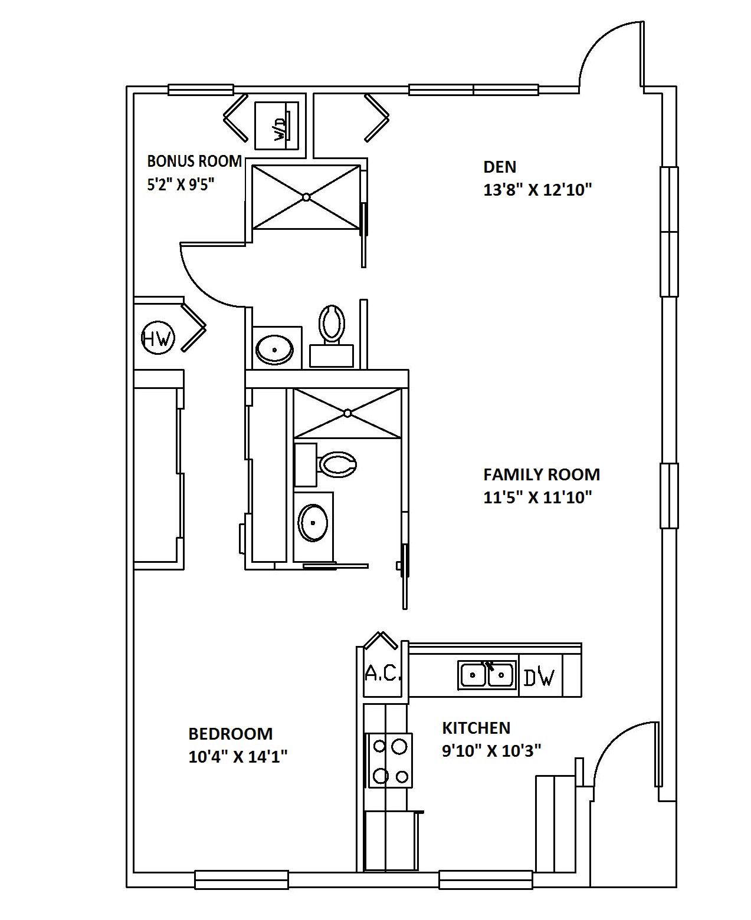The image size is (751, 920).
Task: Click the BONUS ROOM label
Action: (x=194, y=161)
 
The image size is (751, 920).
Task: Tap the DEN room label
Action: (x=500, y=167)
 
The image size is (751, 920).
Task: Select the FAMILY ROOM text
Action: (x=542, y=474)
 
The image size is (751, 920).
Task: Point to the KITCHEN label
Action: (x=476, y=728)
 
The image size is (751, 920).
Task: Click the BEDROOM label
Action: (x=231, y=734)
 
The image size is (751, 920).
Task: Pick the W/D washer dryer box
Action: (x=277, y=126)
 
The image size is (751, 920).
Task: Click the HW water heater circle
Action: (x=158, y=338)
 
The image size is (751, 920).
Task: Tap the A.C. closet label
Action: (x=382, y=674)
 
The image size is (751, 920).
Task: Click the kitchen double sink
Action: (x=487, y=675)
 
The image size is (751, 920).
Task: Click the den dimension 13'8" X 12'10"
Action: (x=537, y=190)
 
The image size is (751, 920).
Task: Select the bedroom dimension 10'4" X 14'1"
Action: (x=238, y=757)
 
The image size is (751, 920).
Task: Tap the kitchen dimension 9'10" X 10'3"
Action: (x=491, y=751)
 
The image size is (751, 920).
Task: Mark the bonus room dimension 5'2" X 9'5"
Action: (x=181, y=184)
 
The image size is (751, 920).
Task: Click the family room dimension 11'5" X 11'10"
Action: (x=537, y=497)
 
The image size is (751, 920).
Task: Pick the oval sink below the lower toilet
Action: (x=313, y=523)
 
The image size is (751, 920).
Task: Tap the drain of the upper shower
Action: (x=307, y=197)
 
